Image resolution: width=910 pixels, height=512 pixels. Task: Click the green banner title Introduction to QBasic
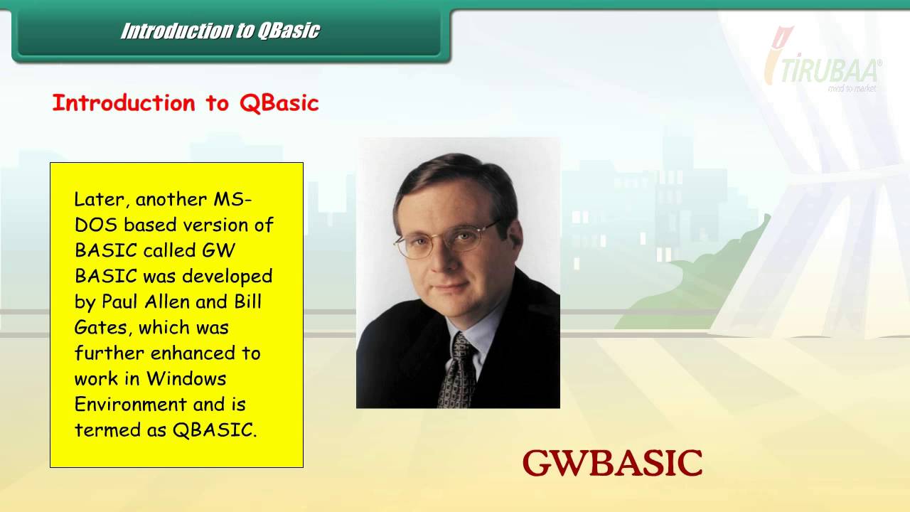click(x=220, y=31)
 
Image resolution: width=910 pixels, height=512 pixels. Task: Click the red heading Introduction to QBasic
click(x=186, y=103)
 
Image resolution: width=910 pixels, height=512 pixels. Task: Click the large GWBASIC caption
click(x=612, y=464)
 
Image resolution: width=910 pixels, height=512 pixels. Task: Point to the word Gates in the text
click(x=102, y=327)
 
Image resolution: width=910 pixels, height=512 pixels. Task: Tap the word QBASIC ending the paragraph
click(x=214, y=430)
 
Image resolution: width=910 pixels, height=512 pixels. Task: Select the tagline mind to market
click(x=852, y=89)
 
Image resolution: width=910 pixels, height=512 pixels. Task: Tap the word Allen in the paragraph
click(x=165, y=302)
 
